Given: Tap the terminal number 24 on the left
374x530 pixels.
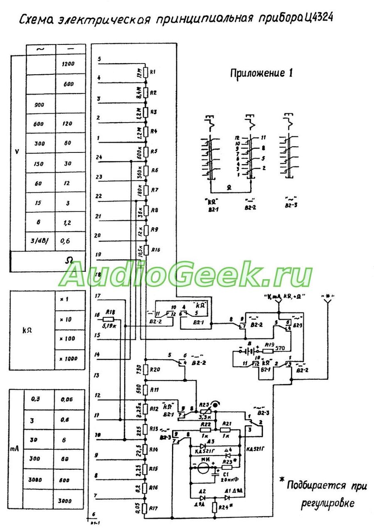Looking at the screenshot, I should [99, 157].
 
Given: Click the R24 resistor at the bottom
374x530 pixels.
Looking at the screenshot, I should [214, 507].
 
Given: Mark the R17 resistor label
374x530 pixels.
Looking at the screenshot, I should [153, 508].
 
